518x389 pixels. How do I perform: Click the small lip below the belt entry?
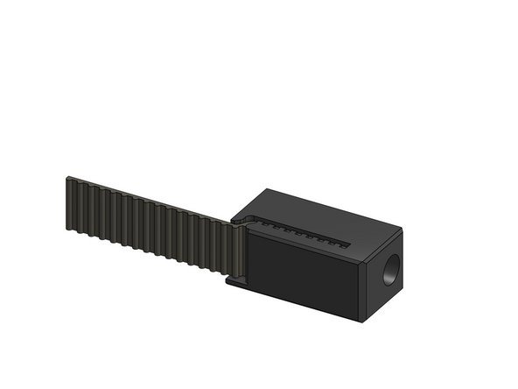pyautogui.click(x=234, y=283)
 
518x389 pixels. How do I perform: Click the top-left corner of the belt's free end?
pyautogui.click(x=66, y=178)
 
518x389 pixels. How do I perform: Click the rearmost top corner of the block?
pyautogui.click(x=270, y=187)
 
